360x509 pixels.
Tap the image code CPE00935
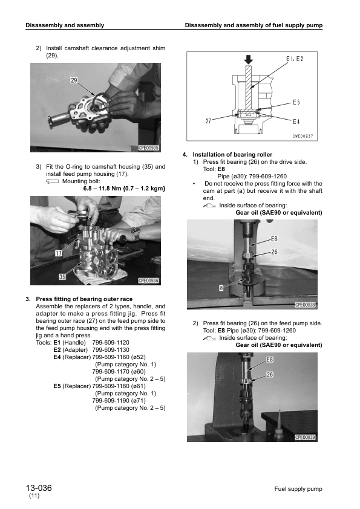coord(148,148)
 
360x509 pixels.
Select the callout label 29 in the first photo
coord(73,80)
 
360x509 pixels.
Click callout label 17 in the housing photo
coord(59,253)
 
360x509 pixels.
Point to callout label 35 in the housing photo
coord(62,277)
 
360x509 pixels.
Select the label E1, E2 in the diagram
coord(294,58)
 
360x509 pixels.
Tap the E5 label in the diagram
coord(296,103)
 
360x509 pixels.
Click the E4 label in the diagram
coord(296,120)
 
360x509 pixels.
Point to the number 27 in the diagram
coord(209,120)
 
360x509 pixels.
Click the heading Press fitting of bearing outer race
coord(84,299)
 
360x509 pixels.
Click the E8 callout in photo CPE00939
coord(271,360)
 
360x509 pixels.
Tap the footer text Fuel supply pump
coord(298,488)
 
